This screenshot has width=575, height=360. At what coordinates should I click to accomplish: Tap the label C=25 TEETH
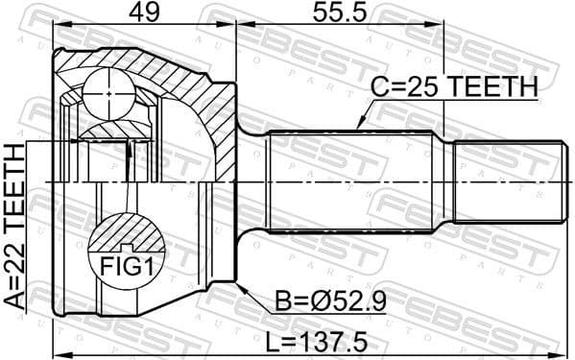(455, 87)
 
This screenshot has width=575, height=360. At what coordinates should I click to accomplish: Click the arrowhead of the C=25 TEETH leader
(356, 128)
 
